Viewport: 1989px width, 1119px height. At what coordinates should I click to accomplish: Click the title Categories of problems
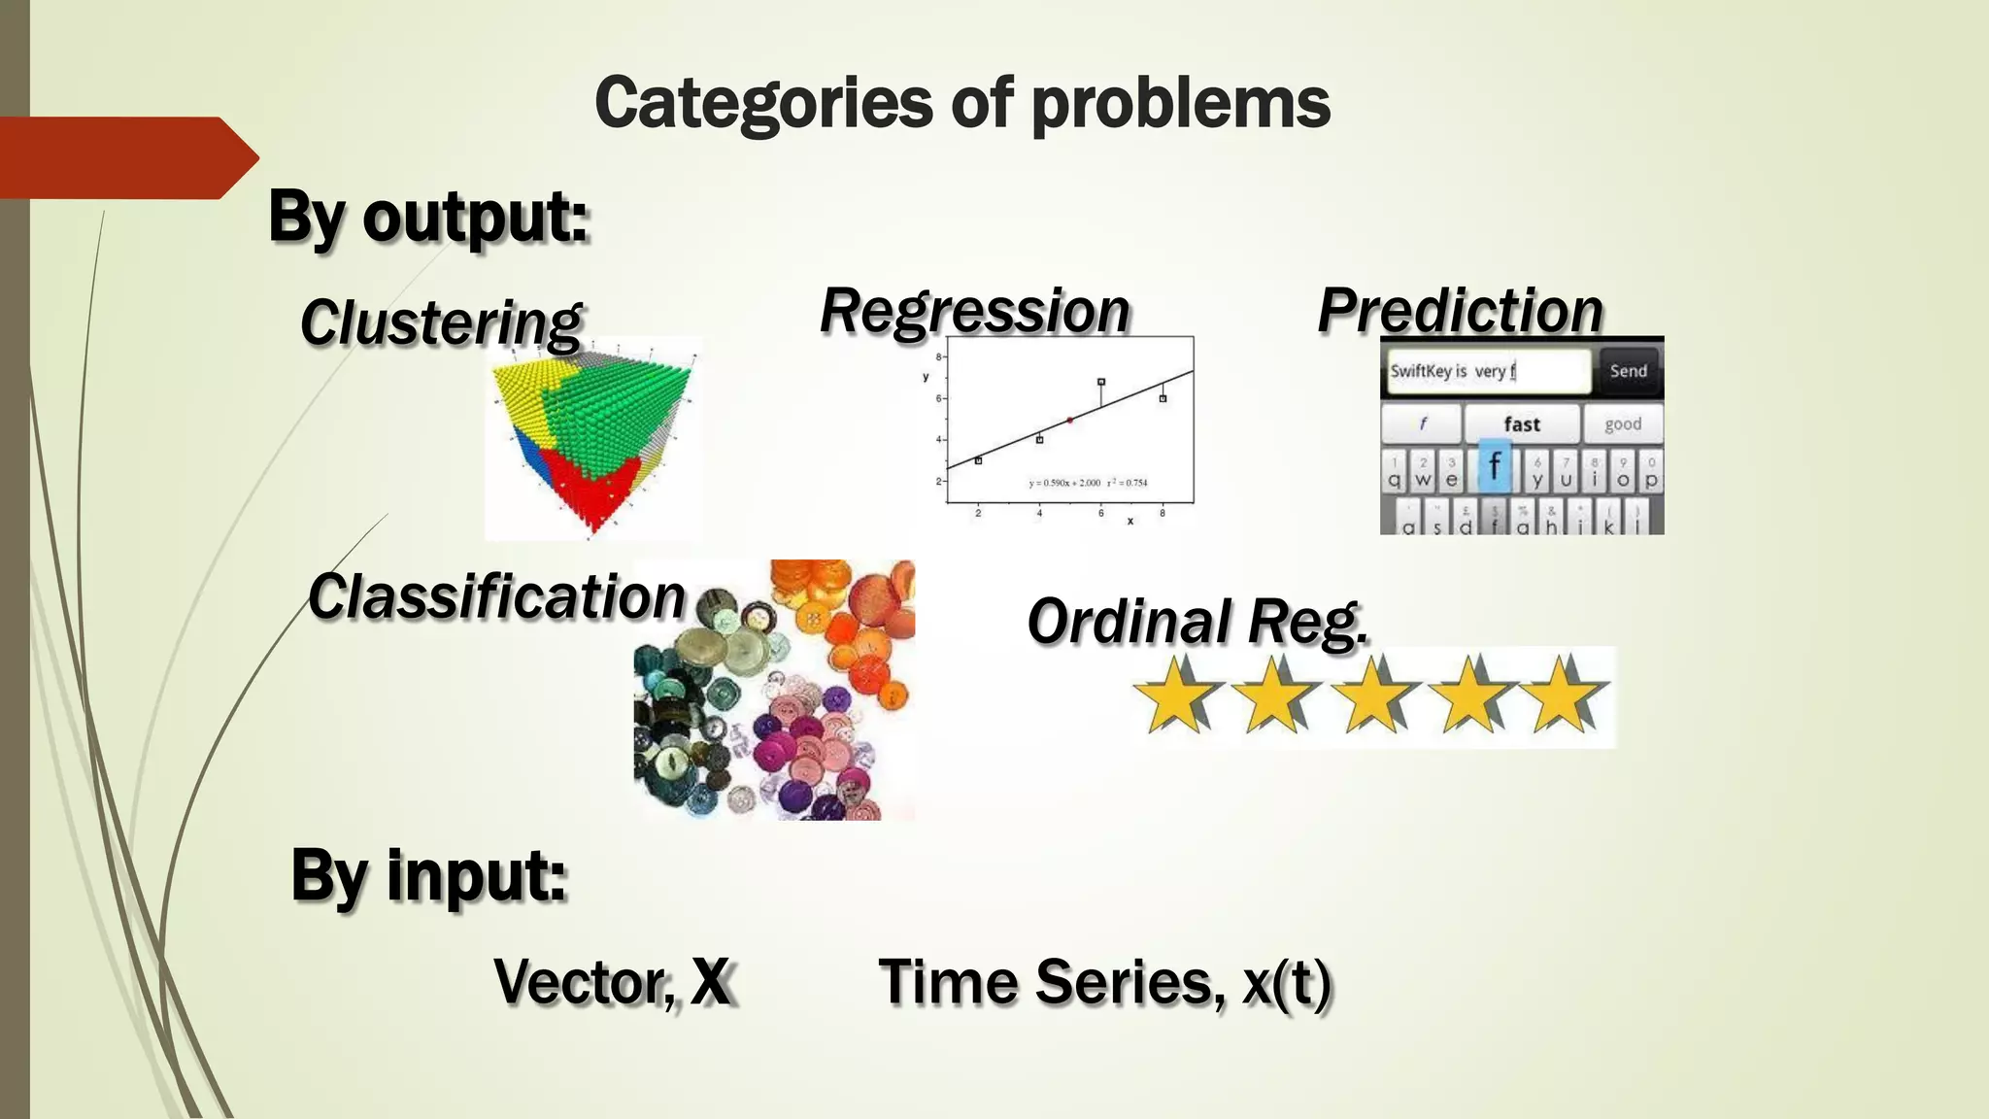[961, 103]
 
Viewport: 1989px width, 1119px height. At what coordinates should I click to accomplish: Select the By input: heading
[428, 875]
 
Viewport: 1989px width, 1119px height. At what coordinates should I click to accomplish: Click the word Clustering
[440, 322]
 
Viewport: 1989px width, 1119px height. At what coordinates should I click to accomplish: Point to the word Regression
[975, 311]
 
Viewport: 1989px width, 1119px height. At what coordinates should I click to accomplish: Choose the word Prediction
[1460, 311]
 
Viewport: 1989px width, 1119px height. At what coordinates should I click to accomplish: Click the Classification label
[496, 596]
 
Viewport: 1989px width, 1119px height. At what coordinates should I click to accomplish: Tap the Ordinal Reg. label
[1197, 622]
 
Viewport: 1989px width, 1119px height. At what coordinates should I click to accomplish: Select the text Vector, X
[613, 982]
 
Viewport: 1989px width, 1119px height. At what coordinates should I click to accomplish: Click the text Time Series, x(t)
[1104, 982]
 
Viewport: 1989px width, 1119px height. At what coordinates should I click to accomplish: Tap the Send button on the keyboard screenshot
[1628, 371]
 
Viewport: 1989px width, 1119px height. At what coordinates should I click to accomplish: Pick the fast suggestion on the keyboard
[1521, 424]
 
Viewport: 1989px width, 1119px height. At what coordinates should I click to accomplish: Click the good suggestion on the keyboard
[1622, 424]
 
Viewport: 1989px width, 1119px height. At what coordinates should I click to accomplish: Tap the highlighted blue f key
[1495, 466]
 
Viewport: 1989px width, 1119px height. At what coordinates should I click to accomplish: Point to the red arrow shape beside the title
[126, 158]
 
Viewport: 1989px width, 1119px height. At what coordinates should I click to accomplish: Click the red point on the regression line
[1070, 420]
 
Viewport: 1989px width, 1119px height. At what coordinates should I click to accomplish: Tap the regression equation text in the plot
[1088, 483]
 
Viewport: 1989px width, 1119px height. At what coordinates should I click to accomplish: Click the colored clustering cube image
[592, 437]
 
